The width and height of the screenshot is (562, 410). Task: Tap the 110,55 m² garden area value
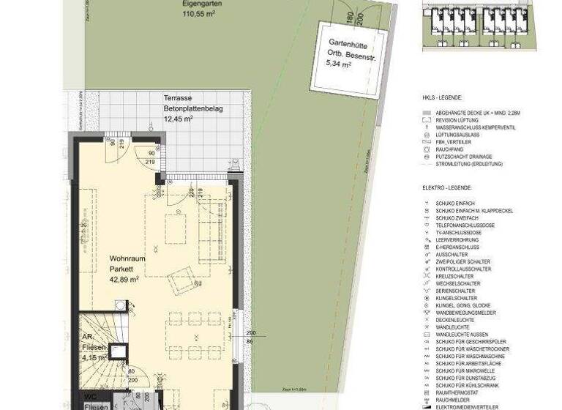click(202, 14)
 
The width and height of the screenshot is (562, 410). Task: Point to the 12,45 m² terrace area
click(178, 119)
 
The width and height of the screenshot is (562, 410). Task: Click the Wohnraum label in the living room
click(127, 258)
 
